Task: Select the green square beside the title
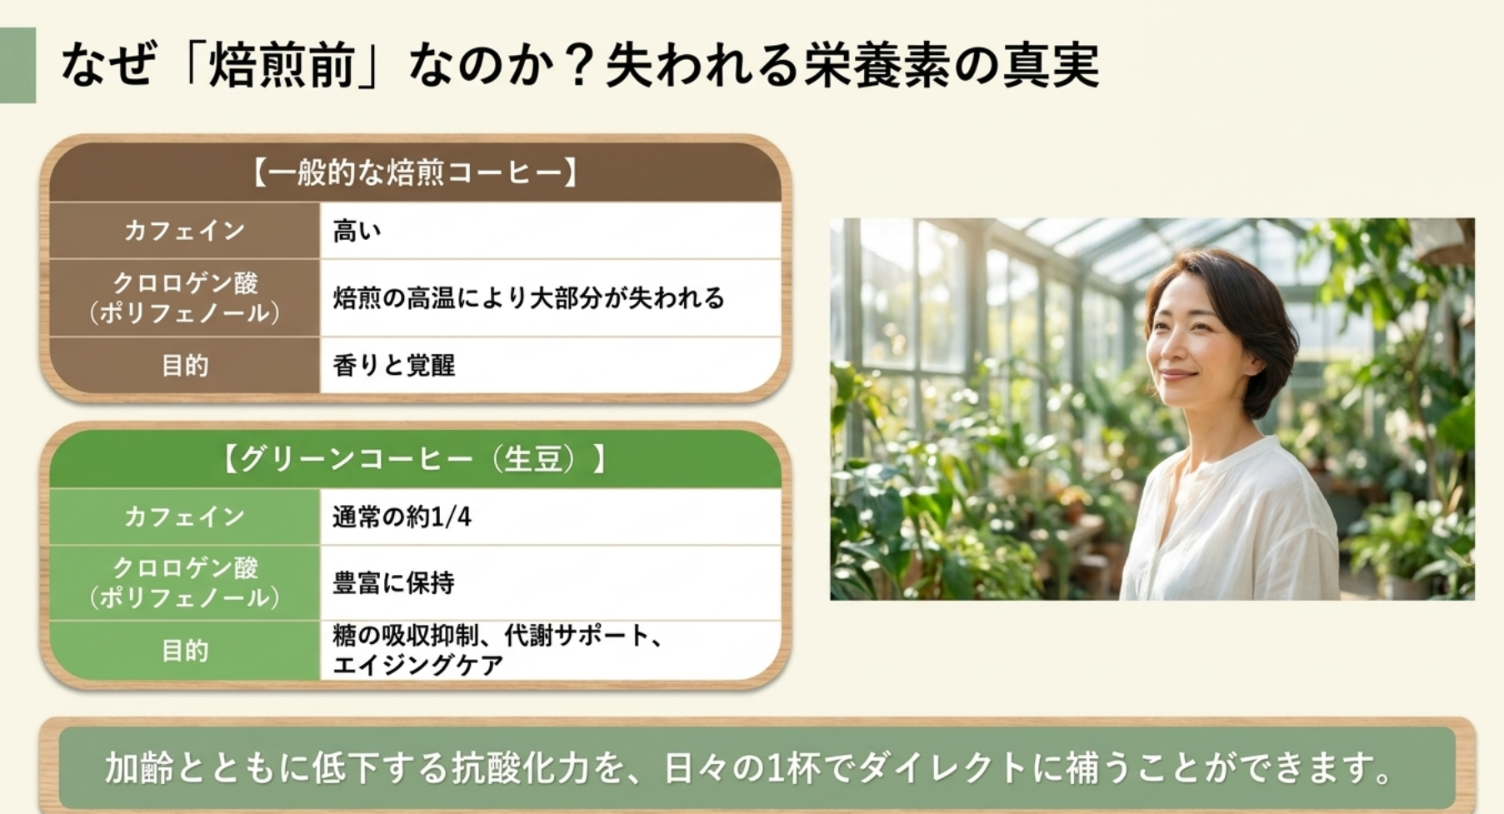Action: tap(17, 65)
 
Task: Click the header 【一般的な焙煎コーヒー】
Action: tap(414, 172)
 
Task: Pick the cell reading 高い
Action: tap(357, 231)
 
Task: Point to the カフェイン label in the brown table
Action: tap(184, 231)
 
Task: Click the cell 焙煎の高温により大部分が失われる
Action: tap(528, 297)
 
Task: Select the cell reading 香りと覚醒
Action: tap(393, 365)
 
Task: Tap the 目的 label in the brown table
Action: tap(184, 365)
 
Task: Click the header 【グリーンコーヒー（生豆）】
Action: tap(414, 458)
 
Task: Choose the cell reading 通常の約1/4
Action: tap(402, 517)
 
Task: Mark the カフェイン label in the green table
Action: tap(184, 517)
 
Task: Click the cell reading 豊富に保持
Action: tap(393, 582)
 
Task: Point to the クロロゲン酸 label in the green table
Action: tap(184, 568)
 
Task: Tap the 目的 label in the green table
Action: tap(184, 650)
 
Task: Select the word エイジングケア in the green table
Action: tap(417, 665)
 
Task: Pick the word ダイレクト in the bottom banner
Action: tap(942, 767)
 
